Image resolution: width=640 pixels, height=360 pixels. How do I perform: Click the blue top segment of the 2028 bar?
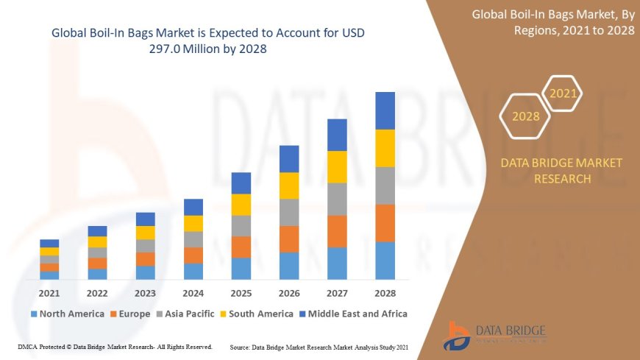385,110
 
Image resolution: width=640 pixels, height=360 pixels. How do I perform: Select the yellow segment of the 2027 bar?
337,166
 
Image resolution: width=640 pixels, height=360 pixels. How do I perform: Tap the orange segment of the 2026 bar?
289,239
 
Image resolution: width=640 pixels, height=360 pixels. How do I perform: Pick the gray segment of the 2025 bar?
241,225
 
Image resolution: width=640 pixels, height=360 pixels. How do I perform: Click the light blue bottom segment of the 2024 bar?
193,271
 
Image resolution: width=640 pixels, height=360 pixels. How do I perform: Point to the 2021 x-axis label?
49,292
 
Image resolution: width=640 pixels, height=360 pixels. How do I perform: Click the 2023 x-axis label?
146,292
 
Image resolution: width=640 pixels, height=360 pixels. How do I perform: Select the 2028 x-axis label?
385,292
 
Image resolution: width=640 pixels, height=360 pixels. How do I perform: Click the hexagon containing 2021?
563,93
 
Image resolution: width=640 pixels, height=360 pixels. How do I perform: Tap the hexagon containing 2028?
525,116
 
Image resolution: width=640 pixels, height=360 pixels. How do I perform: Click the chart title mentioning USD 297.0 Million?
207,41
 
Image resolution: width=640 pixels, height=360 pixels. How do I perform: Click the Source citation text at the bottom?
319,346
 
